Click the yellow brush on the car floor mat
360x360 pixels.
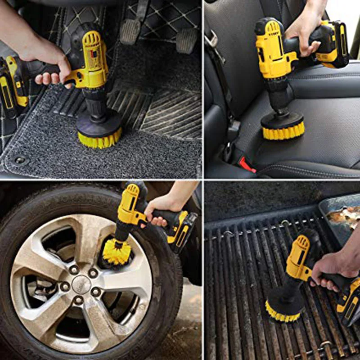click(99, 139)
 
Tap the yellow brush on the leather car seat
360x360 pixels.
click(283, 131)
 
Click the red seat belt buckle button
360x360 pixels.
click(247, 165)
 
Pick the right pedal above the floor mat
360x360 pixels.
click(186, 40)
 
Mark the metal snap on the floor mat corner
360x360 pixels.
click(19, 160)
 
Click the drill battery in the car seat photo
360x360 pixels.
click(333, 45)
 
